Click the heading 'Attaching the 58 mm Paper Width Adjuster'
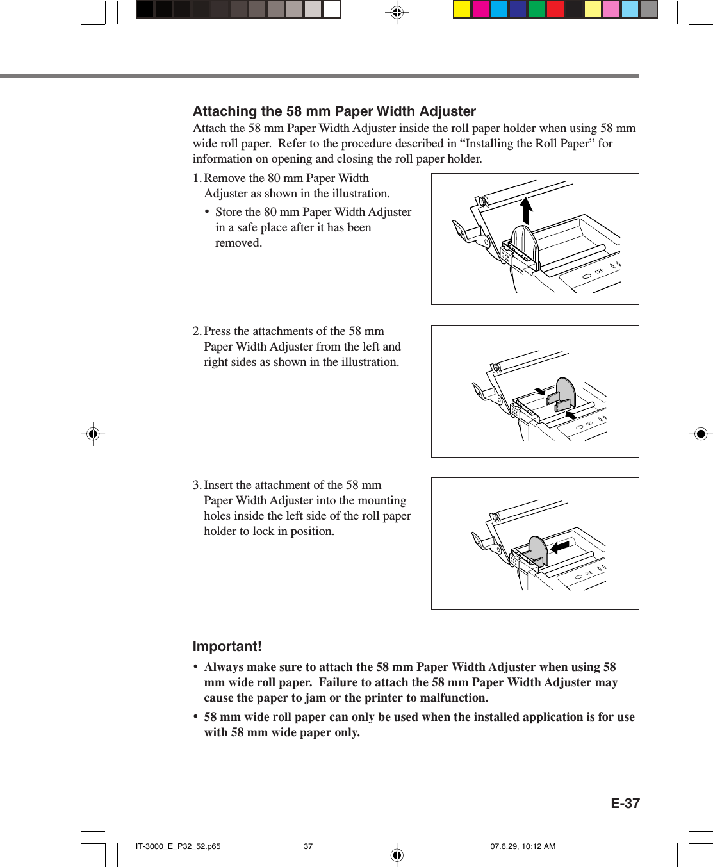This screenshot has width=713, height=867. (x=334, y=111)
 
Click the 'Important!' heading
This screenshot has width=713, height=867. (x=227, y=646)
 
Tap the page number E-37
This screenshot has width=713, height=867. (x=625, y=803)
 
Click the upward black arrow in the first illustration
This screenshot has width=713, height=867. (x=526, y=210)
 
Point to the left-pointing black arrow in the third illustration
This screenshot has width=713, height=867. (x=560, y=547)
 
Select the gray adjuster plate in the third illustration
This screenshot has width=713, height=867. (x=537, y=551)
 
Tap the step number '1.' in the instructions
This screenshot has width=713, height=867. (x=197, y=178)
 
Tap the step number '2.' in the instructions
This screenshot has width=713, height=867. (x=197, y=331)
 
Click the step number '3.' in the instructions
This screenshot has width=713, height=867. (x=197, y=485)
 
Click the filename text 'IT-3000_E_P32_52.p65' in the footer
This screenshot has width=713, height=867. (x=178, y=846)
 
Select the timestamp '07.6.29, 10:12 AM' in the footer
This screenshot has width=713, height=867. (x=523, y=846)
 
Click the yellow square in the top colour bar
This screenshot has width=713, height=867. (x=462, y=10)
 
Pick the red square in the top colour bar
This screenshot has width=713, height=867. (x=555, y=10)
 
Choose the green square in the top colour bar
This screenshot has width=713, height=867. (x=536, y=10)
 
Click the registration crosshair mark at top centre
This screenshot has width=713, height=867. (x=397, y=12)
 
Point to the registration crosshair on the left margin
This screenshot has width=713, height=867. (x=93, y=434)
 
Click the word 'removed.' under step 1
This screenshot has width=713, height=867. (x=238, y=243)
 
